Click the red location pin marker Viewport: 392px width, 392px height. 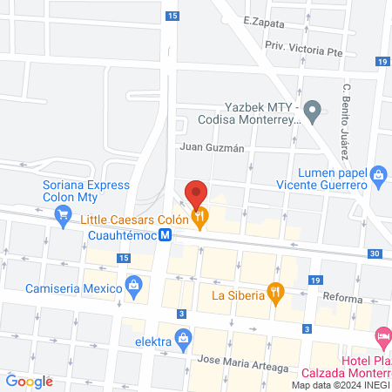(x=197, y=194)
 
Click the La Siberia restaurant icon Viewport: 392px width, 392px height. (x=276, y=294)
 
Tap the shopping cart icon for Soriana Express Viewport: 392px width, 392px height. (x=63, y=220)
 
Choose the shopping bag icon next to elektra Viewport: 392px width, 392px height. (x=183, y=337)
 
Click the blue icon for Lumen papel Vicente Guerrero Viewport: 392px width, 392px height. (x=378, y=174)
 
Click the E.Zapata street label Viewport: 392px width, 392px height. (x=264, y=20)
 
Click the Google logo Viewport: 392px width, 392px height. (x=30, y=381)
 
